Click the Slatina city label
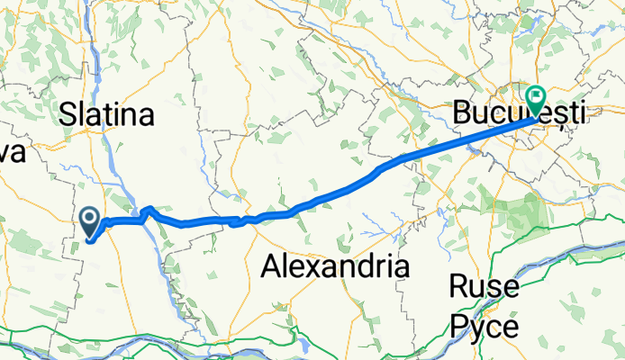click(107, 114)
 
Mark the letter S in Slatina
click(68, 114)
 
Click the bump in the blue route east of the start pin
click(149, 211)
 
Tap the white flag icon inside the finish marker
click(538, 93)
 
